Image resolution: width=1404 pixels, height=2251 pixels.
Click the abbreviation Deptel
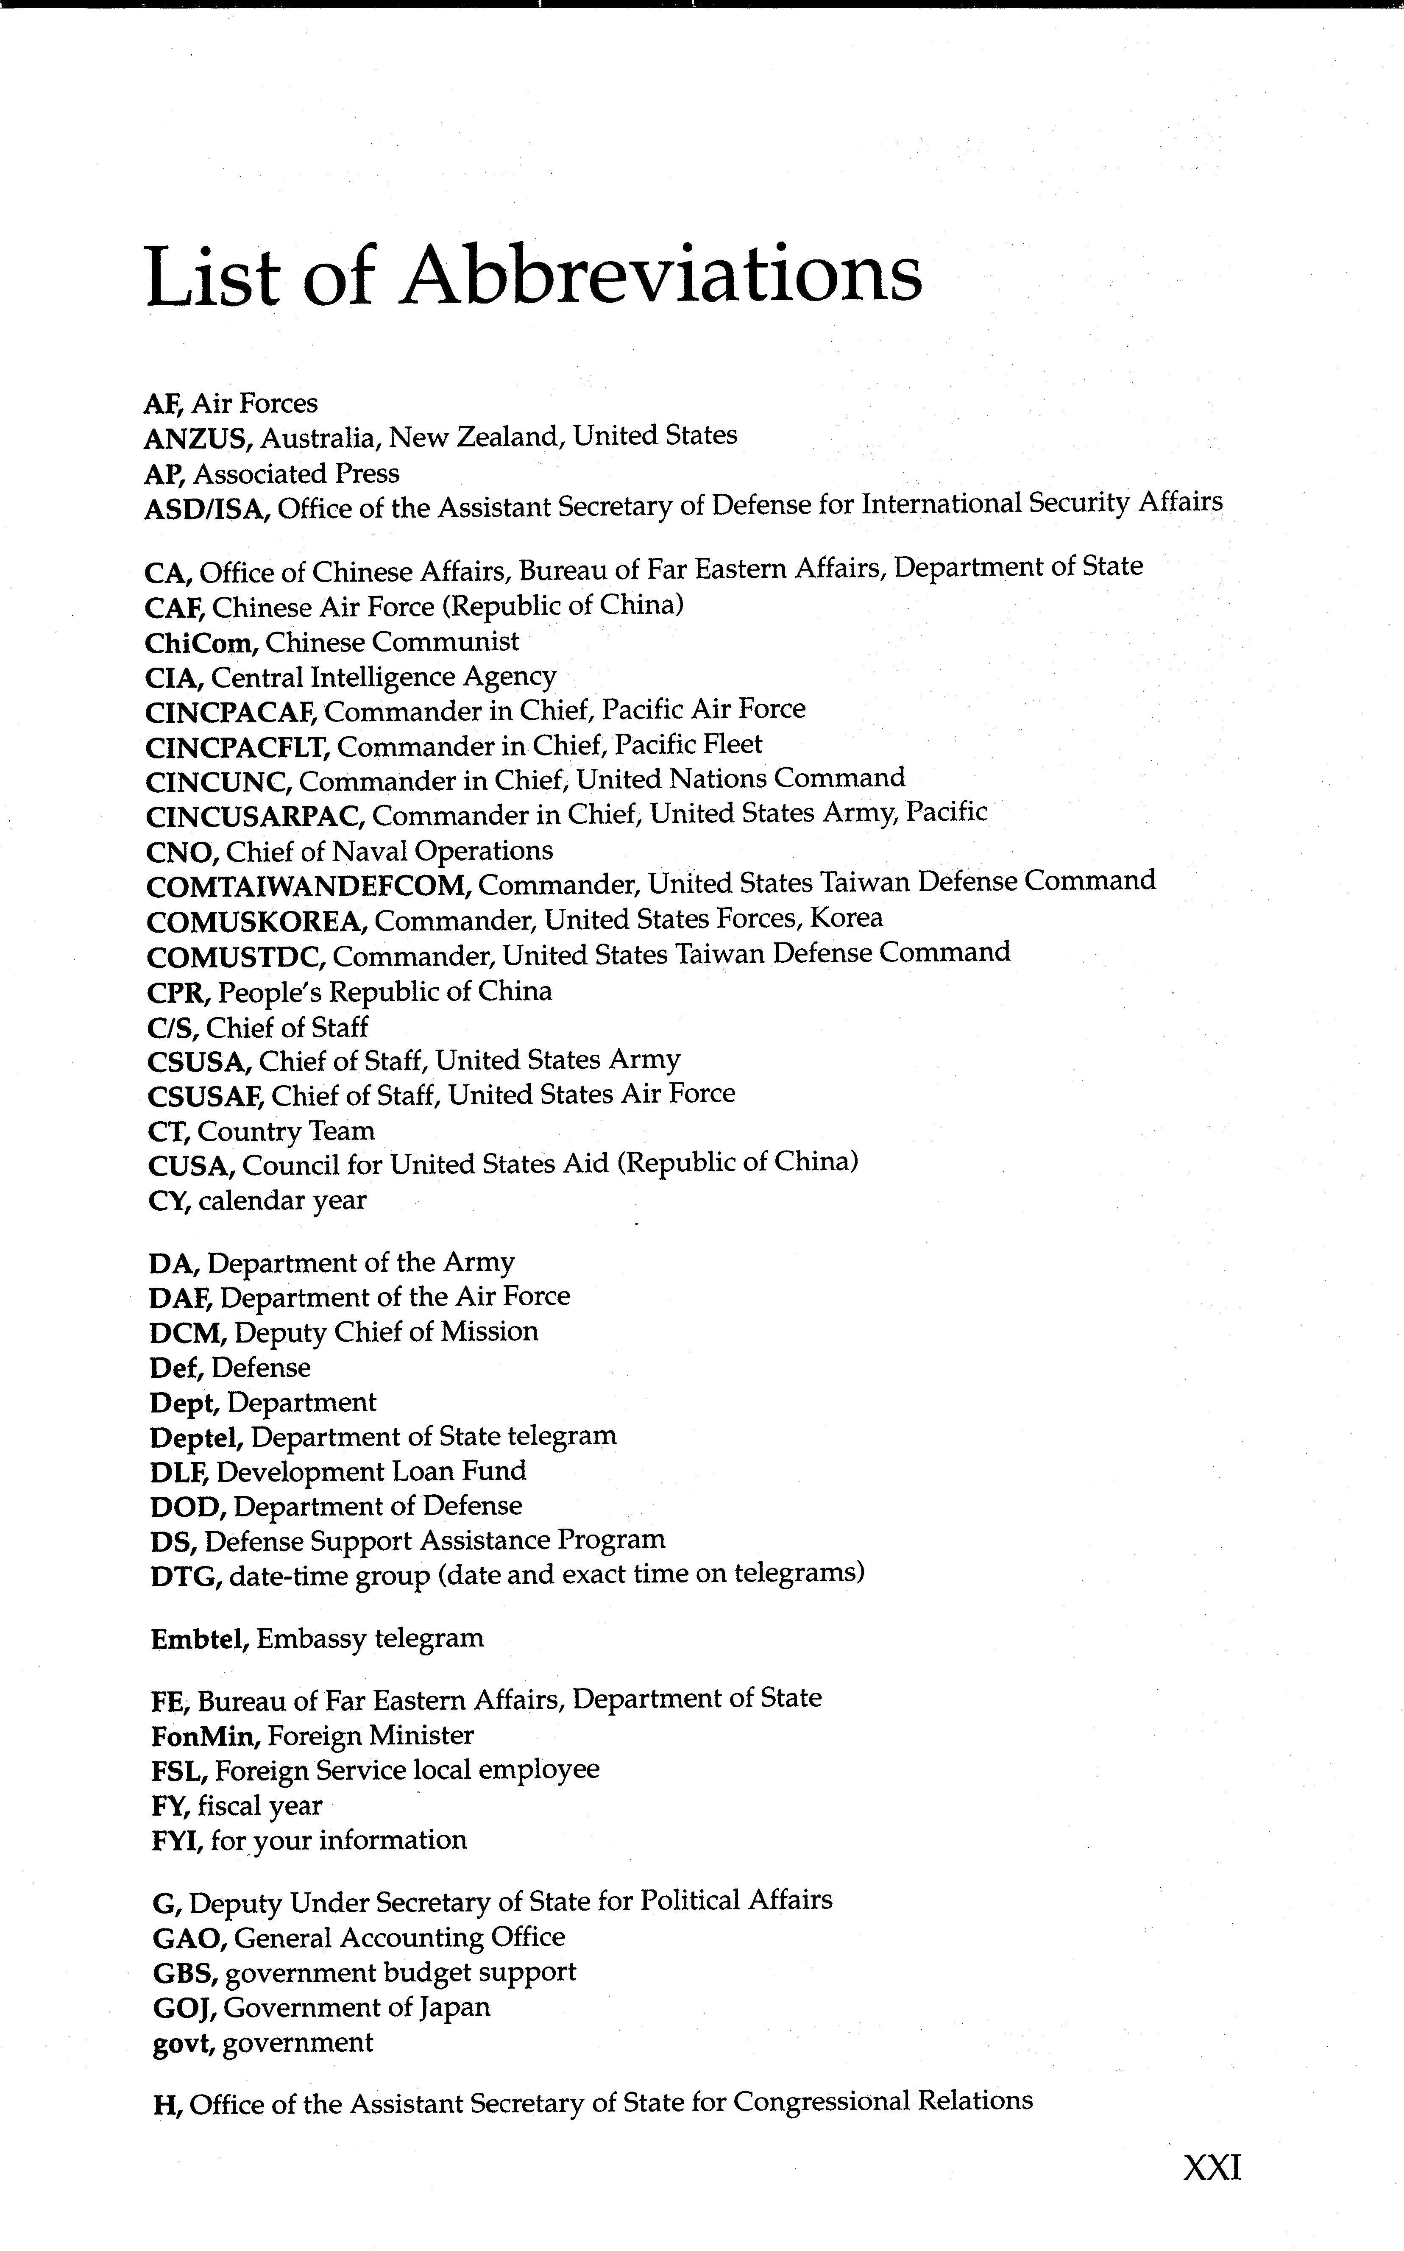point(196,1438)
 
